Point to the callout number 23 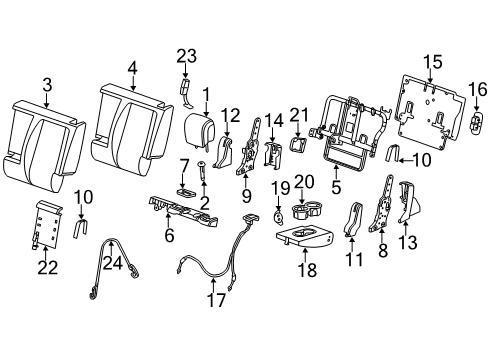click(x=186, y=57)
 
